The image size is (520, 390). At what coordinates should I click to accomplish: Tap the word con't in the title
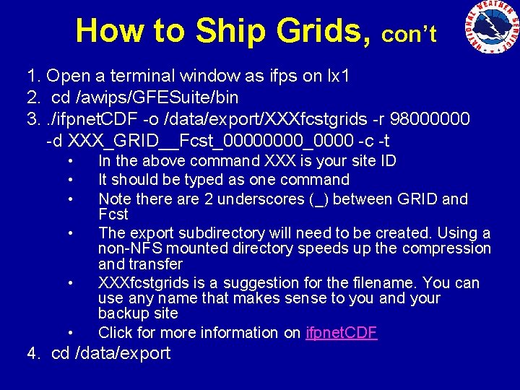[409, 34]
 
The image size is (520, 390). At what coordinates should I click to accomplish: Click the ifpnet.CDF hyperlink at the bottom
[341, 333]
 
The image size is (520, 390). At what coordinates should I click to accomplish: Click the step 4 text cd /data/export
[111, 353]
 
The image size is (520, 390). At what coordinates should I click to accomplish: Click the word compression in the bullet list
[447, 248]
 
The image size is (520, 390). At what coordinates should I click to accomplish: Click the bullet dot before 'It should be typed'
[71, 179]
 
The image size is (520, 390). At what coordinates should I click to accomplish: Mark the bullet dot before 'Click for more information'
[71, 333]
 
